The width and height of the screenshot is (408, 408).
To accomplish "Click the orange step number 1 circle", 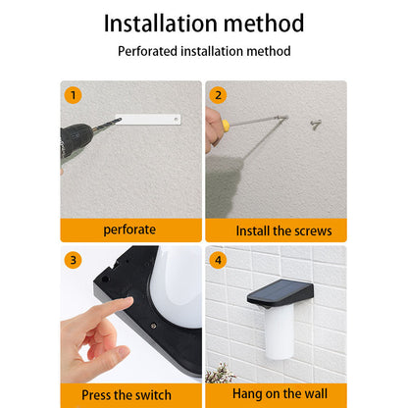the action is [73, 95].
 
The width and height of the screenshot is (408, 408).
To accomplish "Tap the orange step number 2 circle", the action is [218, 95].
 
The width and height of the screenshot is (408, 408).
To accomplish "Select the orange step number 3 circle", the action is [73, 260].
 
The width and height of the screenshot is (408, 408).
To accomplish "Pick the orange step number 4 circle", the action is [218, 260].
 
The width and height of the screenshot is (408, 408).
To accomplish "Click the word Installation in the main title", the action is [161, 24].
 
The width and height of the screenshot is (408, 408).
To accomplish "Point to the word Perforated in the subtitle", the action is [147, 51].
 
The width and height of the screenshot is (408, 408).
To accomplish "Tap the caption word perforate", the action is [129, 229].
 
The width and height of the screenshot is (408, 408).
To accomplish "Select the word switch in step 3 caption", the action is [153, 395].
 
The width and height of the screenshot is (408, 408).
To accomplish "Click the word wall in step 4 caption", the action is [315, 393].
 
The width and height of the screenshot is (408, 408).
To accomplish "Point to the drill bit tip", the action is [121, 120].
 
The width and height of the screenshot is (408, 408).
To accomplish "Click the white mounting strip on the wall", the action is [148, 120].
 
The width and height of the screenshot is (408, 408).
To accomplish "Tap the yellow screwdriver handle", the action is [226, 125].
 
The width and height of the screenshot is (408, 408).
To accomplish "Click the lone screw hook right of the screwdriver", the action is [316, 125].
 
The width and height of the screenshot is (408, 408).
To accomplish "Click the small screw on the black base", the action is [153, 326].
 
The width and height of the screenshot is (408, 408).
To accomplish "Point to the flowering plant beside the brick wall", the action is [220, 374].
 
